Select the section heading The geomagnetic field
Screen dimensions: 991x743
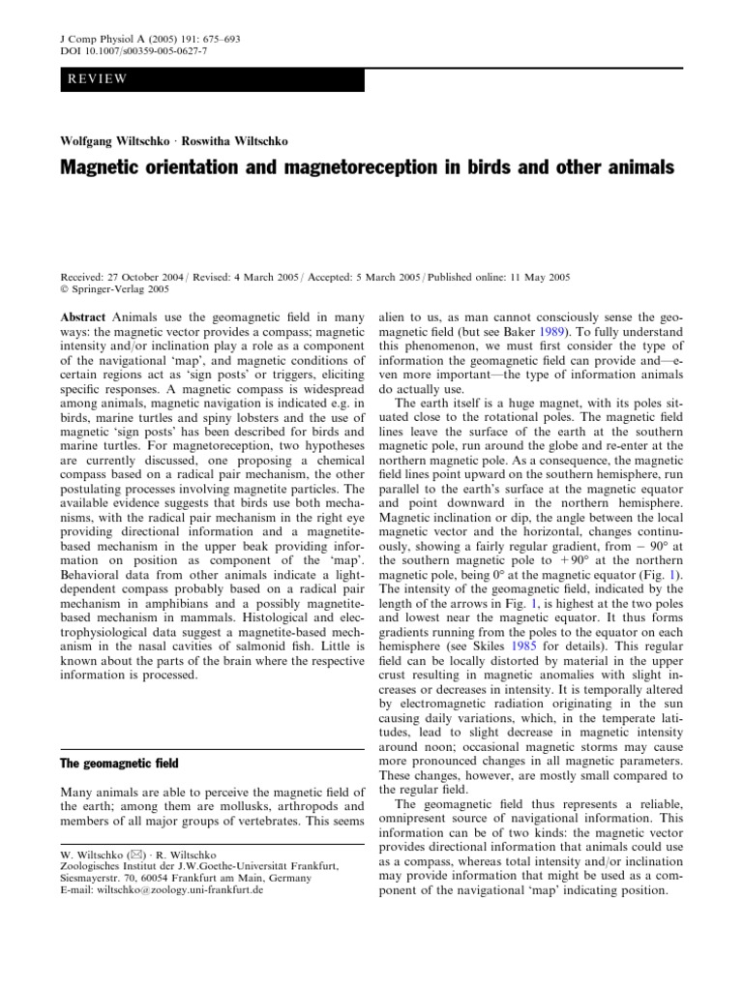click(115, 736)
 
